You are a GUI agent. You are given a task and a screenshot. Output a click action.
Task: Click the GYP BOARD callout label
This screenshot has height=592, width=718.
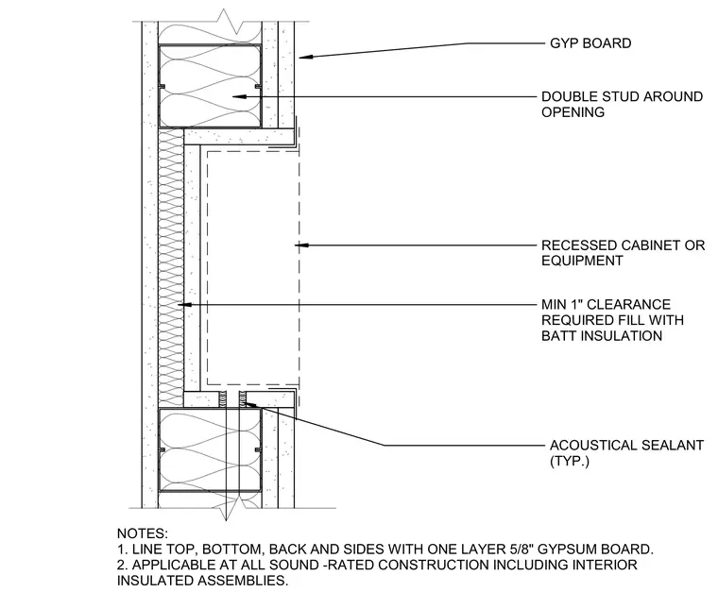click(590, 43)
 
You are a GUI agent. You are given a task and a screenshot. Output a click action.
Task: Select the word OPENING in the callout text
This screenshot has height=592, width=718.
click(573, 112)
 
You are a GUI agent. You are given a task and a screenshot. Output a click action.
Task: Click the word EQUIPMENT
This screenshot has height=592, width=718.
click(582, 262)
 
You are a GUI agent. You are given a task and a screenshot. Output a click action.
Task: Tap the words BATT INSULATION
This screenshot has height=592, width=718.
click(602, 336)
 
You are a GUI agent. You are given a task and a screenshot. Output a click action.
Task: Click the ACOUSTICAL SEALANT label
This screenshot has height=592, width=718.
click(626, 446)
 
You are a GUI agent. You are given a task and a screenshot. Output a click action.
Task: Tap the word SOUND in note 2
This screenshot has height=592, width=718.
click(295, 565)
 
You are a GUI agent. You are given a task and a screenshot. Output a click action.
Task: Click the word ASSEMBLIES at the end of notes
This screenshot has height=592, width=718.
click(243, 581)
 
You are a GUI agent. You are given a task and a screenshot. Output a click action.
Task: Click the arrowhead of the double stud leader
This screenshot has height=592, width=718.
click(239, 96)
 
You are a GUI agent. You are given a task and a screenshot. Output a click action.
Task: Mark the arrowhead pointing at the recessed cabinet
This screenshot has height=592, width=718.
click(301, 245)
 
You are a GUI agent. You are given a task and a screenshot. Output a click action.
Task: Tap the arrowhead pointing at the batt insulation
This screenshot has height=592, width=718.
click(184, 304)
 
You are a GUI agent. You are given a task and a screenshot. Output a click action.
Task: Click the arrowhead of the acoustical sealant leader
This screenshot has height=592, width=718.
click(248, 404)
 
